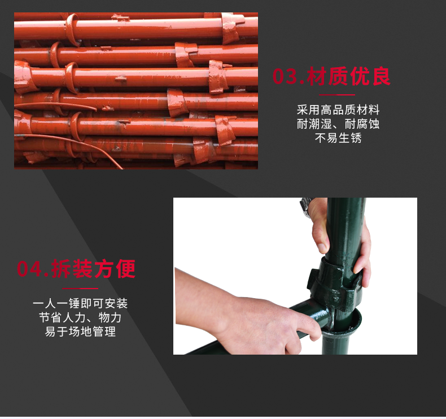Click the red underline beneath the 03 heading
[x=338, y=95]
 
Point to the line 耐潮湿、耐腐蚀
[x=338, y=124]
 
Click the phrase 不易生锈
[x=338, y=138]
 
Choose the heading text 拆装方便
[x=94, y=269]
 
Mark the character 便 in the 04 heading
[x=125, y=269]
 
